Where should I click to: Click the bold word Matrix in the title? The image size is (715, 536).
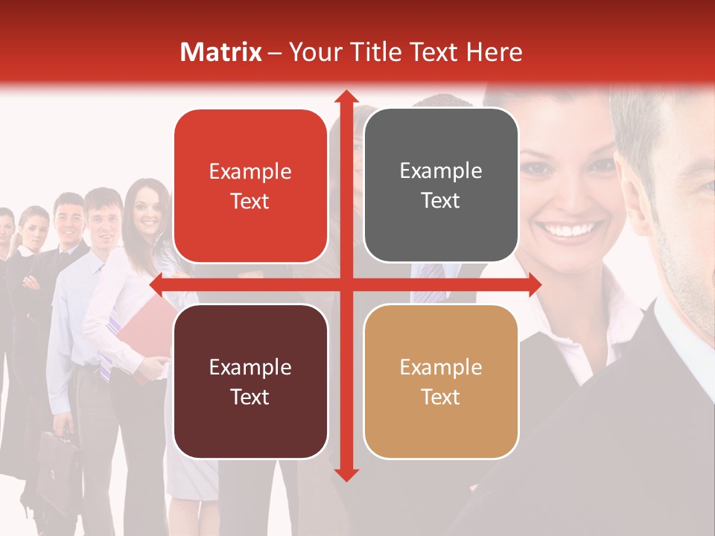click(x=221, y=52)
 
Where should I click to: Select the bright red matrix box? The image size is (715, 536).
click(x=250, y=185)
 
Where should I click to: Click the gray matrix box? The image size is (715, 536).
click(x=441, y=185)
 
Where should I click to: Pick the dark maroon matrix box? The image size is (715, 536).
click(x=250, y=381)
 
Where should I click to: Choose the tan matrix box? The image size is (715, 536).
click(x=441, y=381)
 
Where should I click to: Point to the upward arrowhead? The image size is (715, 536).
click(x=345, y=98)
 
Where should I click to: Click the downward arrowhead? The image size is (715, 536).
click(x=345, y=473)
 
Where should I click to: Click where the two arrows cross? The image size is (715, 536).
click(x=345, y=284)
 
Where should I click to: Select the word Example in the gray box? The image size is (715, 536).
click(x=441, y=171)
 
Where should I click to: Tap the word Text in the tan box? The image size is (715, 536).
click(x=441, y=397)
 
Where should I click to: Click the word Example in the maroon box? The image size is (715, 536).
click(x=250, y=367)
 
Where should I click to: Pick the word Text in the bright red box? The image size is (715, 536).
click(x=250, y=201)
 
